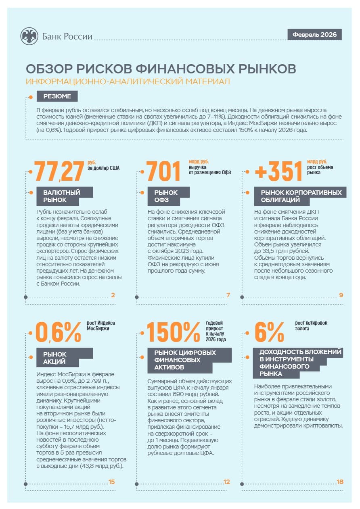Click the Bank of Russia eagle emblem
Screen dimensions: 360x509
(29, 36)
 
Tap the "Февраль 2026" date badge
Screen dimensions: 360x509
(314, 35)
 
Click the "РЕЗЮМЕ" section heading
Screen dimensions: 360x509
(57, 96)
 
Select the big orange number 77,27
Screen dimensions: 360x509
(59, 171)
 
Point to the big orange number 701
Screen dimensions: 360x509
(163, 171)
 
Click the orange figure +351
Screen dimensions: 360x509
(278, 171)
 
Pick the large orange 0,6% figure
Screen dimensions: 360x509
(58, 332)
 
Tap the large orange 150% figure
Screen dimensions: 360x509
(173, 332)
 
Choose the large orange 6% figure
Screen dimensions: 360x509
(269, 332)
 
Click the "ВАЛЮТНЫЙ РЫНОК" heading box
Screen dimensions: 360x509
(65, 196)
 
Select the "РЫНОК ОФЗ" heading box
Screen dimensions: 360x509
(168, 196)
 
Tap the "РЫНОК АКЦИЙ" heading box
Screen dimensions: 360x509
(65, 357)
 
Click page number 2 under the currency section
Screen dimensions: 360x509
(113, 295)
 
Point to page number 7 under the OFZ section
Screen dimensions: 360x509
(228, 295)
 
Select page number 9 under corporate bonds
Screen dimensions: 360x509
(341, 295)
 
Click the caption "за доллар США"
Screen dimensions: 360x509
(103, 168)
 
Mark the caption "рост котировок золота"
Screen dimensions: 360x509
(311, 325)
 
